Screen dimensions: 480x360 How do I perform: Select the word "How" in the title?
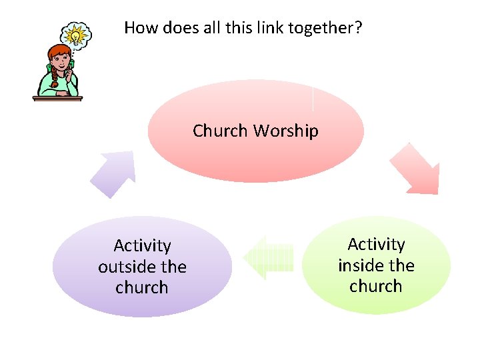[x=139, y=27]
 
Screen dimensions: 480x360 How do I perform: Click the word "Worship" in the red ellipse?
[x=285, y=131]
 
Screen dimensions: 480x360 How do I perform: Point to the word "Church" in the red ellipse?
[x=220, y=131]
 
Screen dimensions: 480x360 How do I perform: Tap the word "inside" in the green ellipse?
[x=361, y=265]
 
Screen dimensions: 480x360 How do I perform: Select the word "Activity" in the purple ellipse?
[x=142, y=246]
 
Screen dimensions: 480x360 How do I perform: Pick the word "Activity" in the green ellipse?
[x=376, y=245]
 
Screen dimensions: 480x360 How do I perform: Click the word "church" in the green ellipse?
[x=376, y=286]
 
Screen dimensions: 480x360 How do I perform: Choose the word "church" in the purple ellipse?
[x=142, y=287]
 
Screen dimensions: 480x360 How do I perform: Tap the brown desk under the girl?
[x=57, y=99]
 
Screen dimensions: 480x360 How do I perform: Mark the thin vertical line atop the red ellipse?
[x=313, y=98]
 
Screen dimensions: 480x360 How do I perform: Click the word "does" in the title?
[x=172, y=27]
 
